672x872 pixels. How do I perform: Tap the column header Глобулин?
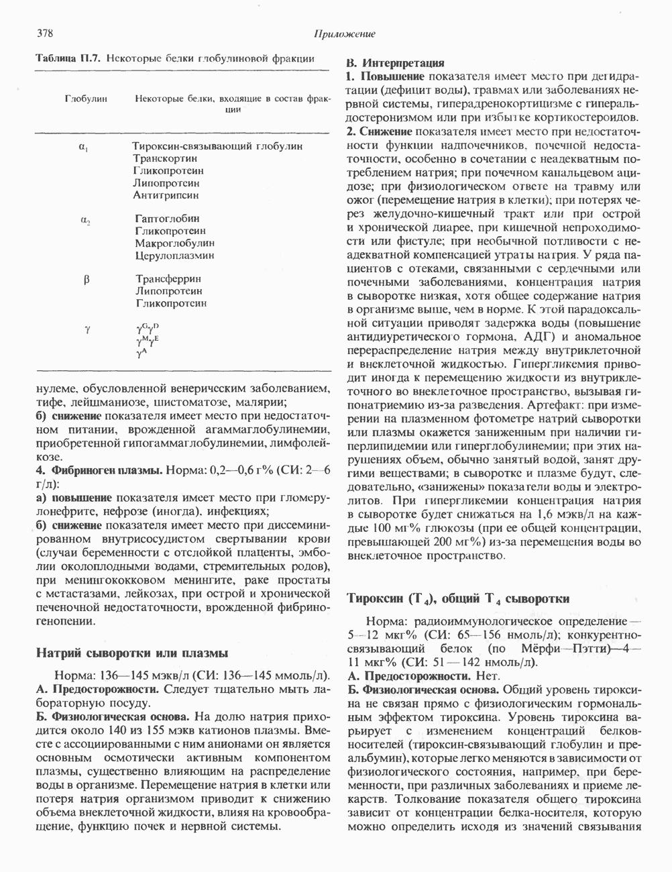coord(86,99)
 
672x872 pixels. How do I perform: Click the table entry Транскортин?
coord(165,158)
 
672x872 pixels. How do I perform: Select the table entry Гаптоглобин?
coord(167,219)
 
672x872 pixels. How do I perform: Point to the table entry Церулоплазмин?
coord(174,256)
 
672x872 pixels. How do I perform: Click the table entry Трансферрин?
coord(168,279)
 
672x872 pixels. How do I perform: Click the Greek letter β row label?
coord(87,280)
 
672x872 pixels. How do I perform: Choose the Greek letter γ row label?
coord(87,329)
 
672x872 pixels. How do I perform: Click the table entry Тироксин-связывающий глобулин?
coord(217,146)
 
